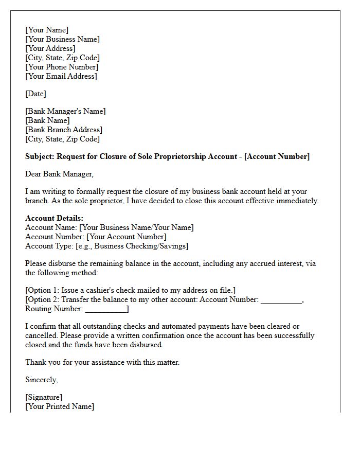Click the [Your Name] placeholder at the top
pos(47,30)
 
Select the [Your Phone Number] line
pos(62,67)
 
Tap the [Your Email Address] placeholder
pos(61,76)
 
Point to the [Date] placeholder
pos(35,94)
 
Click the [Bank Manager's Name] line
pos(65,111)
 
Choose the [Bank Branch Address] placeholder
pos(64,130)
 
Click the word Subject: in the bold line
pos(40,156)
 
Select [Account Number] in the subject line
pos(277,156)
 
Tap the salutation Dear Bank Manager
pos(59,174)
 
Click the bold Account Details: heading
pos(54,218)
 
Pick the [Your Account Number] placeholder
pos(127,237)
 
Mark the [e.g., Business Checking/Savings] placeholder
pos(132,246)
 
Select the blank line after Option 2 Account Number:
pos(281,300)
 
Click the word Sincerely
pos(42,380)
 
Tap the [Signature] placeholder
pos(44,397)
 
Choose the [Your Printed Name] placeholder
pos(60,406)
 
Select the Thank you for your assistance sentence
pos(102,362)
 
